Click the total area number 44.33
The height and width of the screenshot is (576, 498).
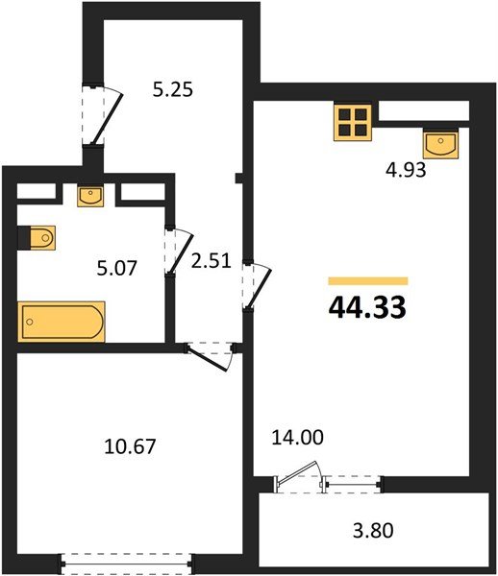[x=367, y=307]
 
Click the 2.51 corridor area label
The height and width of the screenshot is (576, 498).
[x=212, y=261]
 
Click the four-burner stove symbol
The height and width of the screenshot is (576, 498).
[x=353, y=122]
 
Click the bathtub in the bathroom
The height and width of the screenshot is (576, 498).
[x=62, y=320]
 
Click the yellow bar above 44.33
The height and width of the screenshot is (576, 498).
[x=368, y=280]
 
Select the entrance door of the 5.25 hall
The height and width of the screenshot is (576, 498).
[x=101, y=113]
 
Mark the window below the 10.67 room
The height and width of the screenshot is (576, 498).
[x=129, y=561]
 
